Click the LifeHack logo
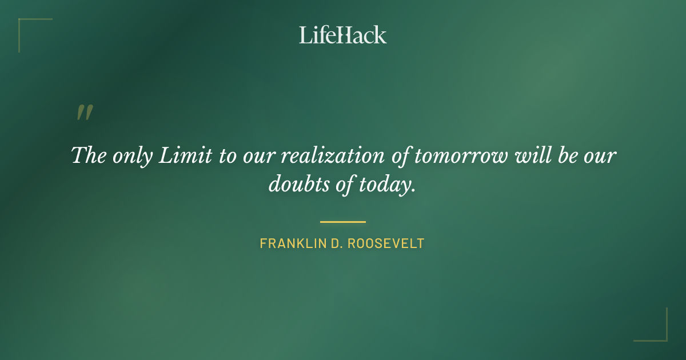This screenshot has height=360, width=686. (x=343, y=35)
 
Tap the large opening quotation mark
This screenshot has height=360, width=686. (x=85, y=113)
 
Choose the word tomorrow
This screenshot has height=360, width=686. (x=461, y=155)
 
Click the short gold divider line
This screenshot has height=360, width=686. (x=343, y=222)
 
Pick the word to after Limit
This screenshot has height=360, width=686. (x=226, y=155)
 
